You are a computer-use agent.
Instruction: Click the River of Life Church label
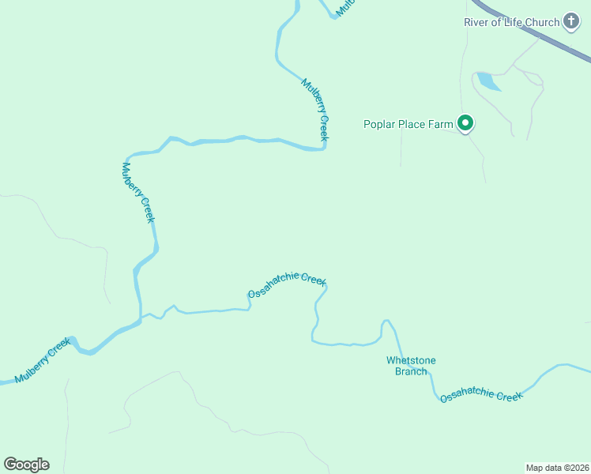[511, 22]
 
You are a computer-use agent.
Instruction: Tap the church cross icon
[571, 22]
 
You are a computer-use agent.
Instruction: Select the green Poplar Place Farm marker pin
[465, 123]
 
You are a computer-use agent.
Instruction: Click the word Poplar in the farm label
[380, 124]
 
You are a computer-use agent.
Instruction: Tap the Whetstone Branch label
[411, 366]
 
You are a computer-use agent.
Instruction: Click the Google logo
[26, 465]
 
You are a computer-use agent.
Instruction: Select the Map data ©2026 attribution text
[556, 467]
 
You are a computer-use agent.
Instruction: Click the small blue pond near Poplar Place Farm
[487, 81]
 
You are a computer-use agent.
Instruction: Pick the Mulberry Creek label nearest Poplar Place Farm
[315, 110]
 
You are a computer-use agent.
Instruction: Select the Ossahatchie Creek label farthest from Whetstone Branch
[287, 286]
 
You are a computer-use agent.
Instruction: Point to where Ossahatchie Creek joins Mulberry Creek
[141, 318]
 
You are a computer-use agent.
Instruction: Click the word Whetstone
[411, 361]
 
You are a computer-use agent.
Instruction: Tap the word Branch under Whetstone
[411, 371]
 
